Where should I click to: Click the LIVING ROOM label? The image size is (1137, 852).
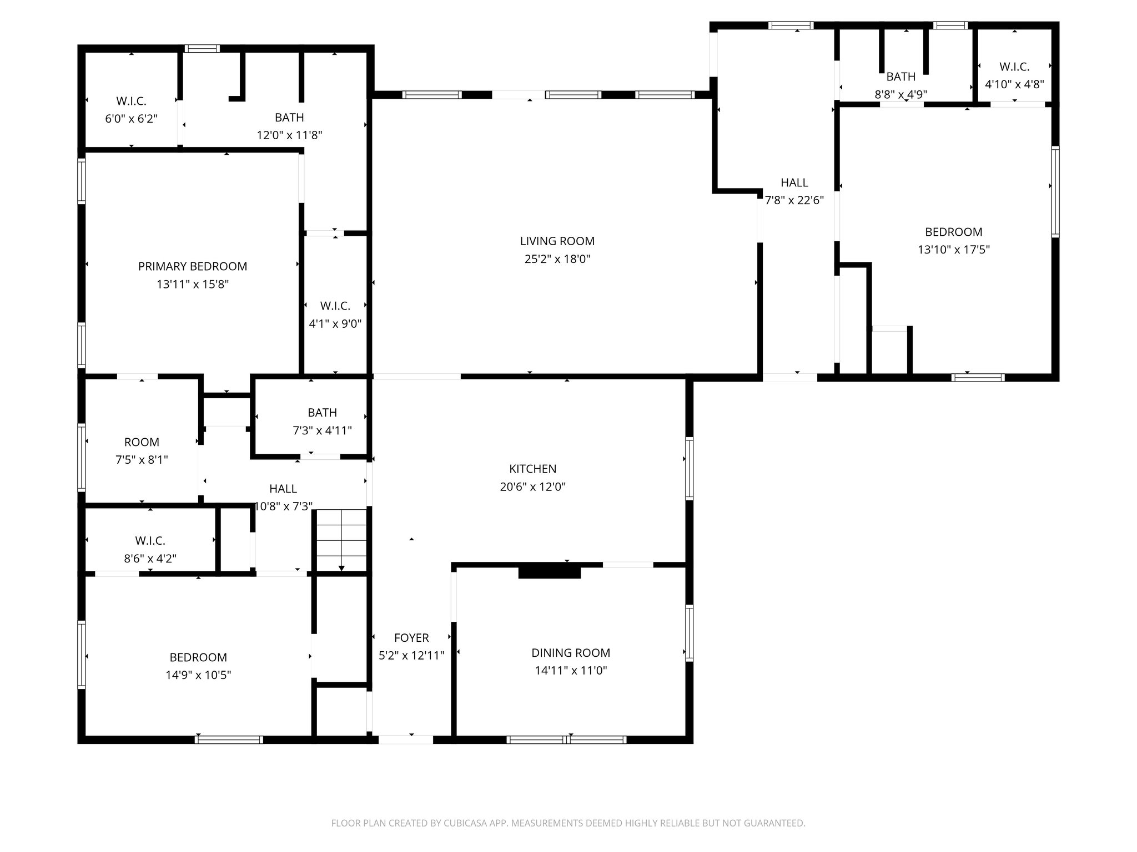(557, 241)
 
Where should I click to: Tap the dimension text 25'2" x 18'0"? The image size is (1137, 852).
(557, 259)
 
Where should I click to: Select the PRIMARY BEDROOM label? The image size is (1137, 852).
(193, 266)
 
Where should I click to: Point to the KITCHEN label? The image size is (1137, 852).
(532, 469)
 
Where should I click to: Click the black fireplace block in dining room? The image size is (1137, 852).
(549, 571)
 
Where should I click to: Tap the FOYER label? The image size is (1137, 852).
(411, 637)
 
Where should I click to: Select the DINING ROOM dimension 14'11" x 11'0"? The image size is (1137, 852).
(571, 671)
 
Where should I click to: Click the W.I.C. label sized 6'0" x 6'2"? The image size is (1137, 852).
(132, 101)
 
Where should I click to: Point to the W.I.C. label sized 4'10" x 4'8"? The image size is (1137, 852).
(1014, 67)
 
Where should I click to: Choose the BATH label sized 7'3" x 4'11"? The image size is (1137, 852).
(322, 412)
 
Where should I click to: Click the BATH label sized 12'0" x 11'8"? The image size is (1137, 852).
(289, 117)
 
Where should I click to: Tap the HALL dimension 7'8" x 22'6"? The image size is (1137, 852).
(794, 201)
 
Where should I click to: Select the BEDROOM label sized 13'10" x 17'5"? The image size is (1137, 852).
(953, 232)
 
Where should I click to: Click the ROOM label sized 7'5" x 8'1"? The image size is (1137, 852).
(142, 442)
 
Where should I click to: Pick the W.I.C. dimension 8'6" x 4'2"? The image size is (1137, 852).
(150, 559)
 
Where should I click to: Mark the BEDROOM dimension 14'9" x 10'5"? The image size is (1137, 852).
(198, 675)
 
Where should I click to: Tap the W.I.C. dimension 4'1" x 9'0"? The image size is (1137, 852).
(335, 324)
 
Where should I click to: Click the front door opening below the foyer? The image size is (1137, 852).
(405, 739)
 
